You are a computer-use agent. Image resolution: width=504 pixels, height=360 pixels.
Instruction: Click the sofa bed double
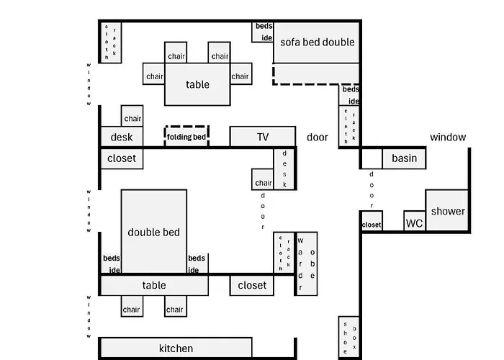pos(317,42)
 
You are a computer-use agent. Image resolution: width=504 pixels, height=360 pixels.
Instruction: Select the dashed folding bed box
pos(186,136)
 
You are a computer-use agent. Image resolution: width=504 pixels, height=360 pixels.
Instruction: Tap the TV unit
pos(262,137)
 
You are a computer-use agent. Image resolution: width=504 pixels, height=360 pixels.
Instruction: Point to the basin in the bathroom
pos(404,158)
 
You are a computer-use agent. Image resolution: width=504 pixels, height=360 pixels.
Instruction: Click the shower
pos(447,211)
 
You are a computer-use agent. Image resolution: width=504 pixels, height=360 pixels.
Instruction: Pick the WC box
pos(414,222)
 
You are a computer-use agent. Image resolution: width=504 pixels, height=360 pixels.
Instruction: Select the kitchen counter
pos(176,348)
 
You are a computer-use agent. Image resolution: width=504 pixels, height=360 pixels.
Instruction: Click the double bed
pos(154,231)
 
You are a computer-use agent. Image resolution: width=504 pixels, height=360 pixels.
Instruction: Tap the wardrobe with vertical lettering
pos(306,264)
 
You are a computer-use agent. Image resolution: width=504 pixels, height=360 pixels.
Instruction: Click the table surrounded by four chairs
pos(197,85)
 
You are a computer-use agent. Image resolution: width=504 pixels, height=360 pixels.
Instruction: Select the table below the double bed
pos(154,285)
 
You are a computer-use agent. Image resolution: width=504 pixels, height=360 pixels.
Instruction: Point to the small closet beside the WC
pos(372,225)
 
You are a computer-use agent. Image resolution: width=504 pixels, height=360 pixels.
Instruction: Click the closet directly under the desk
pos(122,158)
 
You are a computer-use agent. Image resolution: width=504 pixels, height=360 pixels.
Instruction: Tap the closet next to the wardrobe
pos(252,285)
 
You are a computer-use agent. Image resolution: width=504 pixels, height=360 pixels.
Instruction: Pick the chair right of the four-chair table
pos(240,76)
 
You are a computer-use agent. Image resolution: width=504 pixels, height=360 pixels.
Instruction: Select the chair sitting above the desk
pos(132,118)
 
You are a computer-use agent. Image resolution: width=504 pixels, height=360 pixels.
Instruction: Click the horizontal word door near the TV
pos(318,137)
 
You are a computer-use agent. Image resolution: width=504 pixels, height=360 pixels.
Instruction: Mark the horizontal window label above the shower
pos(448,137)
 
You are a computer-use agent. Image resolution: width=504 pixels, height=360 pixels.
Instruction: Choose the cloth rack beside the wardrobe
pos(284,253)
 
